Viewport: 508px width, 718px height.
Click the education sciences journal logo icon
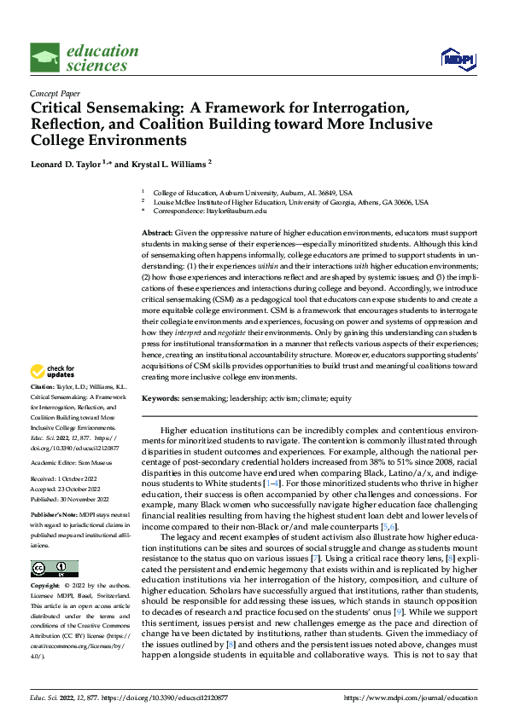(44, 58)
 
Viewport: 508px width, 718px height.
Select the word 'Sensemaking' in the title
(128, 108)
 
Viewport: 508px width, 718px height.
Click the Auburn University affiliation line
(258, 194)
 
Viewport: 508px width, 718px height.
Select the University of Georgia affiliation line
(277, 202)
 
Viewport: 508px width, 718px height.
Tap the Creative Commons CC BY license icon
(54, 568)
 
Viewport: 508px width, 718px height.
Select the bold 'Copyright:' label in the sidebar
(46, 587)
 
